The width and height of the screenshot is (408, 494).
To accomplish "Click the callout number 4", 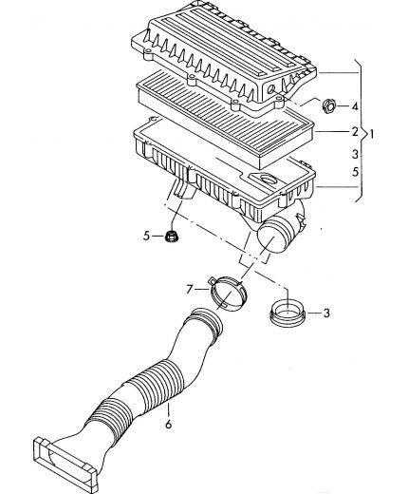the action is coord(355,106).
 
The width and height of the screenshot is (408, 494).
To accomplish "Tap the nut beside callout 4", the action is coord(329,105).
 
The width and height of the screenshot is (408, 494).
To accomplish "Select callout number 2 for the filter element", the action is coord(355,131).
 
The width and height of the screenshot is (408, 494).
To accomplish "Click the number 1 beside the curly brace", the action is coord(372,134).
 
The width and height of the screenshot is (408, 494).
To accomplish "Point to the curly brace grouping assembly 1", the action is coord(362,130).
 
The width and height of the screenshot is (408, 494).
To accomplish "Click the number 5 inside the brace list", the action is coord(356,172).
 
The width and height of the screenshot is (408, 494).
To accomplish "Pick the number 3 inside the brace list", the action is coord(355,154).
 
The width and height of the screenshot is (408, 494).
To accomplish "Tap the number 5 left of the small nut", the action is coord(146,236).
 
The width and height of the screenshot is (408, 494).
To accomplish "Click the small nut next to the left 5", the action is coord(172,237).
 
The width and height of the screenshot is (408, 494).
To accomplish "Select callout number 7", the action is coord(190,289).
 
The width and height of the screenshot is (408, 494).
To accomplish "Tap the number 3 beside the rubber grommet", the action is coord(326,313).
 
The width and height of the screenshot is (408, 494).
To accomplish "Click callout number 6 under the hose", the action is coord(168,424).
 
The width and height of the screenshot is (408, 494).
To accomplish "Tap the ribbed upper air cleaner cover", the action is coord(221,54).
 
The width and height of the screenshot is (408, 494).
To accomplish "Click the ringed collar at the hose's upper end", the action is coord(207,321).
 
